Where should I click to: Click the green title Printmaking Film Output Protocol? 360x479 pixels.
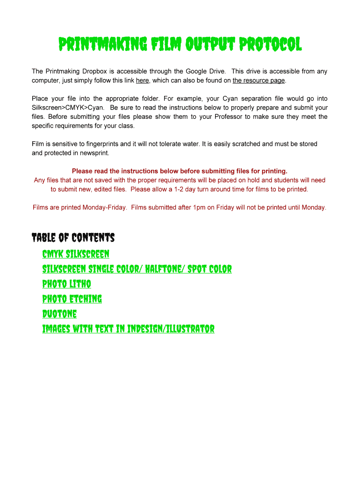coord(180,45)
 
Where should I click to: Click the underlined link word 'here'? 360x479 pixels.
coord(142,80)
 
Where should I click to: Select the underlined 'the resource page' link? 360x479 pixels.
coord(259,80)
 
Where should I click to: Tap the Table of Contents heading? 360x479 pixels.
coord(73,238)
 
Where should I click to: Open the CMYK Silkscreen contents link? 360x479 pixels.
coord(76,254)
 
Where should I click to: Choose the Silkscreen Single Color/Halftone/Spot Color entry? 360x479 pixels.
coord(137,269)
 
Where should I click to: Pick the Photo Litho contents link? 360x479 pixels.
coord(66,284)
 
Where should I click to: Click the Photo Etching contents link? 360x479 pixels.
coord(72,299)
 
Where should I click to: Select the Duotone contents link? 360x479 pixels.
coord(59,314)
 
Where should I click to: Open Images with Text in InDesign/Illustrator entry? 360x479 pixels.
coord(128,329)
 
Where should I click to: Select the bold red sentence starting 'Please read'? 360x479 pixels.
coord(180,171)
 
